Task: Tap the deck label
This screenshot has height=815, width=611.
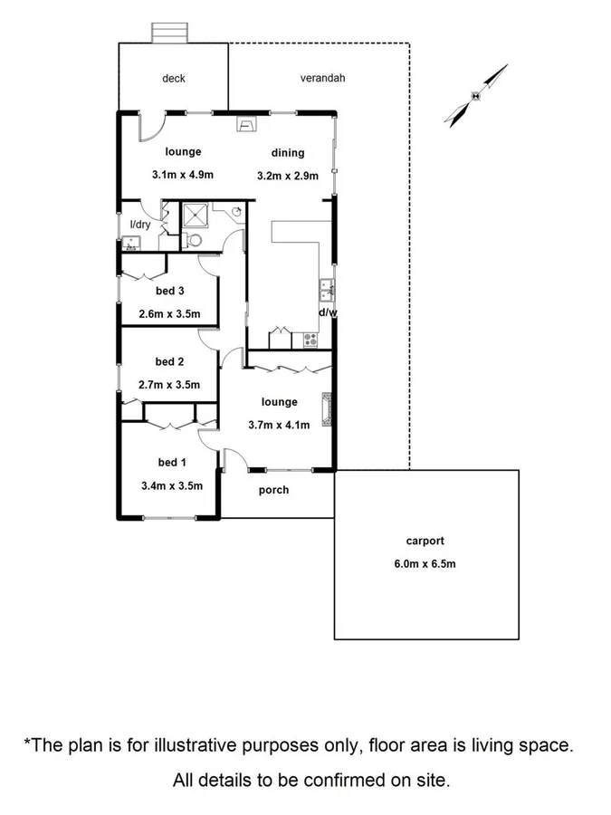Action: pos(174,79)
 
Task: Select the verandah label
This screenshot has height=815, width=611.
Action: pos(323,79)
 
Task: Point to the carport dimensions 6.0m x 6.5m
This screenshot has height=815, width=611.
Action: pos(425,564)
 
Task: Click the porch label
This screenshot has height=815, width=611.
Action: pos(274,490)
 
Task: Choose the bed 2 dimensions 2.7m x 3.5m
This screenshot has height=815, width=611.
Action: pos(169,385)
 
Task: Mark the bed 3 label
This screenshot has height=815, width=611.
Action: pos(169,291)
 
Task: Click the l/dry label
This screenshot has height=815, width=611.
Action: pos(140,225)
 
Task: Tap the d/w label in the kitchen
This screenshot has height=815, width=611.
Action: pos(327,312)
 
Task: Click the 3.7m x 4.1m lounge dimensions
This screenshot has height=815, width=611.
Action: pos(280,425)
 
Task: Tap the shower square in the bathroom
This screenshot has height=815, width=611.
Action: pos(196,215)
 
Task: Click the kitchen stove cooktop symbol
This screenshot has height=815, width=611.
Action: pos(310,340)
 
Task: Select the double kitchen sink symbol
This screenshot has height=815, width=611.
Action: pos(327,291)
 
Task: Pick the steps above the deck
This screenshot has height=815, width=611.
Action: pos(170,33)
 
